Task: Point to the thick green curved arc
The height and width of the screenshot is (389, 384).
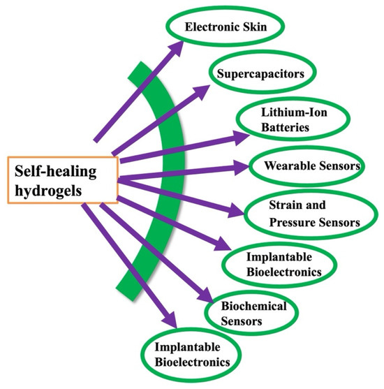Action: coord(161,175)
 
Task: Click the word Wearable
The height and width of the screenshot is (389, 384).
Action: coord(289,167)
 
